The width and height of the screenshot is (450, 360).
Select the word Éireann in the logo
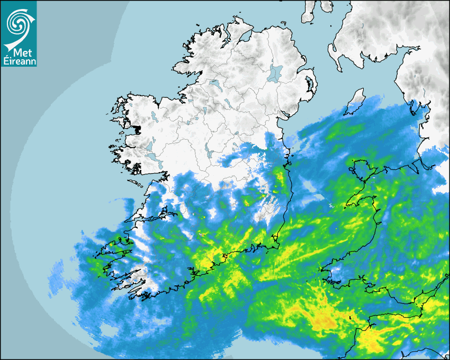(x=19, y=61)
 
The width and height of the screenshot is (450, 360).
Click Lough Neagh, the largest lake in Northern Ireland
(x=275, y=73)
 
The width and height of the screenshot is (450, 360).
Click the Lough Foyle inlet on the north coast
(x=245, y=37)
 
